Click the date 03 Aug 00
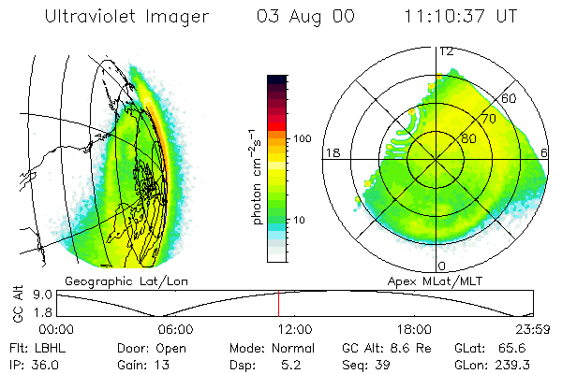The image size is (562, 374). tap(305, 17)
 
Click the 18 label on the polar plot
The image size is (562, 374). tap(331, 152)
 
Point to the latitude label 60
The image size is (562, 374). tap(510, 98)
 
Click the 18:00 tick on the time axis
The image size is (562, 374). tap(414, 328)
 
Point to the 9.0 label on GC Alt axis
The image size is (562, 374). tap(38, 295)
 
